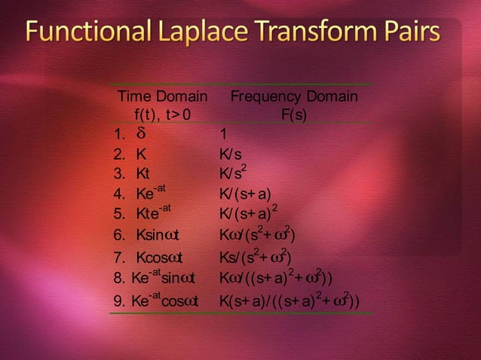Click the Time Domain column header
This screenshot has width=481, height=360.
tap(162, 97)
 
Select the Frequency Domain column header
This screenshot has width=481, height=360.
tap(294, 97)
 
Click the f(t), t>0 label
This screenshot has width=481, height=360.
tap(162, 115)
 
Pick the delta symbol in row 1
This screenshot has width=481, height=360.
tap(140, 135)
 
